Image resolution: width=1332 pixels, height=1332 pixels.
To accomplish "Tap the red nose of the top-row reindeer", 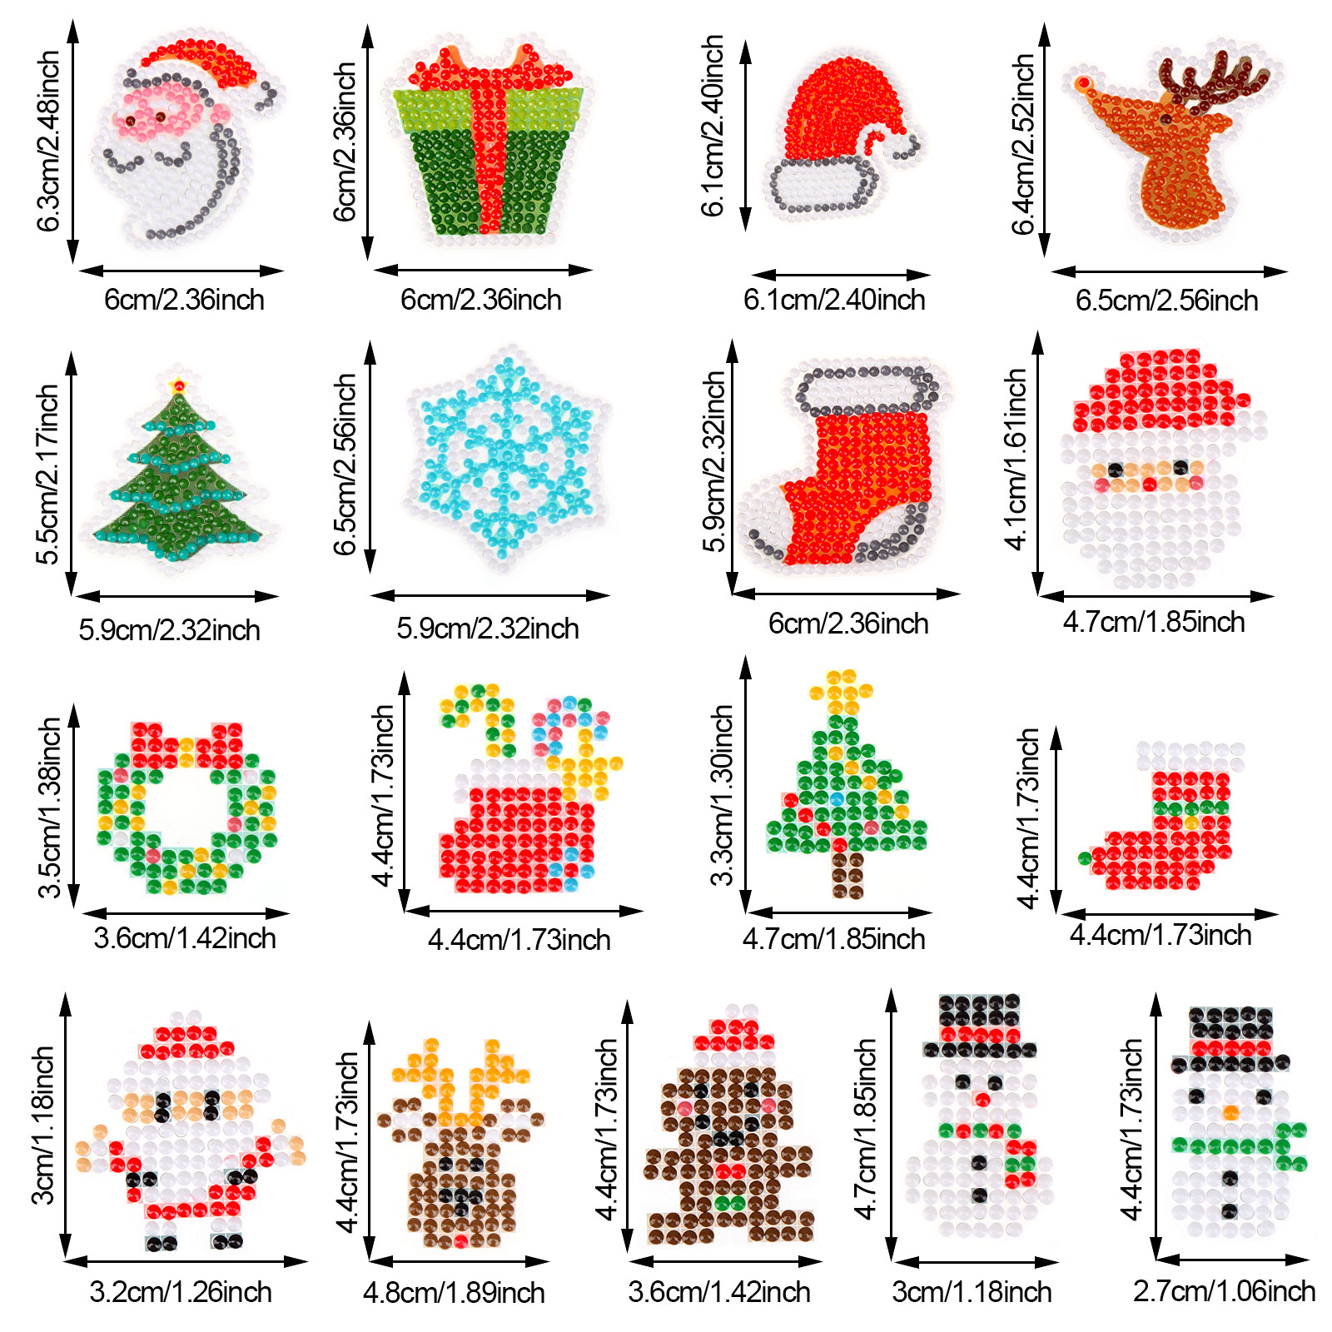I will [1083, 83].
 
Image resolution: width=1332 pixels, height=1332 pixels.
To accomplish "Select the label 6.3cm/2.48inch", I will [49, 142].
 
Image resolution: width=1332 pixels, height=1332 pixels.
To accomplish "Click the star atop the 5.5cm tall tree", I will [177, 385].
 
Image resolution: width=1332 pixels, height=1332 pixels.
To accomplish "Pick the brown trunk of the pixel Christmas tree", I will [847, 874].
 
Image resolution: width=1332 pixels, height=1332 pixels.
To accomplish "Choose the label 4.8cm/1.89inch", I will [454, 1293].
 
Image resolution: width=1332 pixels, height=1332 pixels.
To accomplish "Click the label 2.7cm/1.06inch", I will [1224, 1291].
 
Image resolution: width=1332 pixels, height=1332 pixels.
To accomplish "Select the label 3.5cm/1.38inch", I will [50, 808].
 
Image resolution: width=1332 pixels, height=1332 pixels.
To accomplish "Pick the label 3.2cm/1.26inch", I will [181, 1292].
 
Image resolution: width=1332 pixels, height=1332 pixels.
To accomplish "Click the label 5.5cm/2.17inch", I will [48, 475].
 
